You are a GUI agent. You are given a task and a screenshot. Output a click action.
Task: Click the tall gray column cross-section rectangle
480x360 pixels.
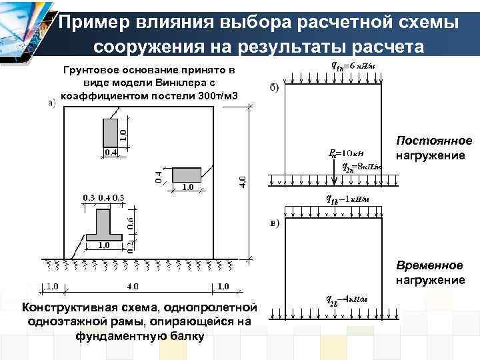110,132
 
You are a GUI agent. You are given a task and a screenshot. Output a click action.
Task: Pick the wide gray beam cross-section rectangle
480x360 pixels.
188,174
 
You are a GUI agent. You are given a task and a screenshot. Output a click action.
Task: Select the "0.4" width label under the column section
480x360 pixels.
110,153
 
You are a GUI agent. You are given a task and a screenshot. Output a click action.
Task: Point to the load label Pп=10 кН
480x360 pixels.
345,153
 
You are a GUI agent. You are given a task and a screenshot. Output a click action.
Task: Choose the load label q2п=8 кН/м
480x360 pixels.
361,167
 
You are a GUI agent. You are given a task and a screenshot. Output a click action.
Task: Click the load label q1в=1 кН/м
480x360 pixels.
348,199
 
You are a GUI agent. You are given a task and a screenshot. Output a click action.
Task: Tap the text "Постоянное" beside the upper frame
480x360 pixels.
434,141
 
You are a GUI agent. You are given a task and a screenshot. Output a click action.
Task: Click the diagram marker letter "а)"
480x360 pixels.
51,103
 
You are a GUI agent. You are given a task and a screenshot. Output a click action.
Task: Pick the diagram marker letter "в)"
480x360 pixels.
274,223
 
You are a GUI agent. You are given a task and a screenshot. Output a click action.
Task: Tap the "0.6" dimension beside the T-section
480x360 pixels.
131,223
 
